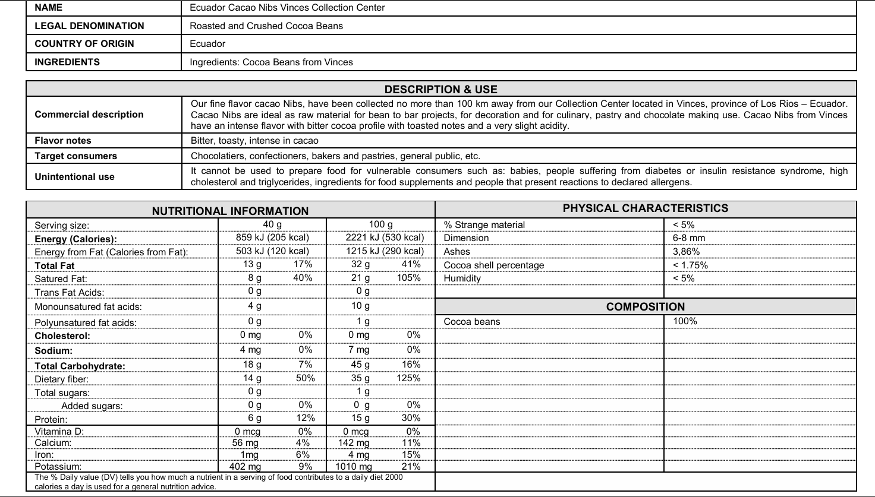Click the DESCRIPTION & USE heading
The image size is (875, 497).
(x=440, y=90)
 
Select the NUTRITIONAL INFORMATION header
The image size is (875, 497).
(x=230, y=211)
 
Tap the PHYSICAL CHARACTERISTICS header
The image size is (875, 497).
(x=645, y=208)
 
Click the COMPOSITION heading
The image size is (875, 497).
(x=645, y=307)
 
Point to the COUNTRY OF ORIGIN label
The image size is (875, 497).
(x=84, y=44)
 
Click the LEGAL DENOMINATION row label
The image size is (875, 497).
(x=89, y=26)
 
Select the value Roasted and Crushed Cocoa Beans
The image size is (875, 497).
(x=266, y=26)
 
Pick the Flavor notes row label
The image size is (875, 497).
(x=63, y=141)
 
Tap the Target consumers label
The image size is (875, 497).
(x=76, y=156)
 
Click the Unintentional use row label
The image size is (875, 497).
(x=74, y=177)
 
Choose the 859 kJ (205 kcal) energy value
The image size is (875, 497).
(x=272, y=238)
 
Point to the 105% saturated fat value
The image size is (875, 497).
(x=408, y=278)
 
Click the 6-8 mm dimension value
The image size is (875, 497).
(x=689, y=238)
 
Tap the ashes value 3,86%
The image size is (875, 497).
(x=686, y=252)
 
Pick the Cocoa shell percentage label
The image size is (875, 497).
(x=493, y=265)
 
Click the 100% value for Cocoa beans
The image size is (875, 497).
(x=685, y=321)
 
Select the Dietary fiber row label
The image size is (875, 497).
(x=62, y=379)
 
